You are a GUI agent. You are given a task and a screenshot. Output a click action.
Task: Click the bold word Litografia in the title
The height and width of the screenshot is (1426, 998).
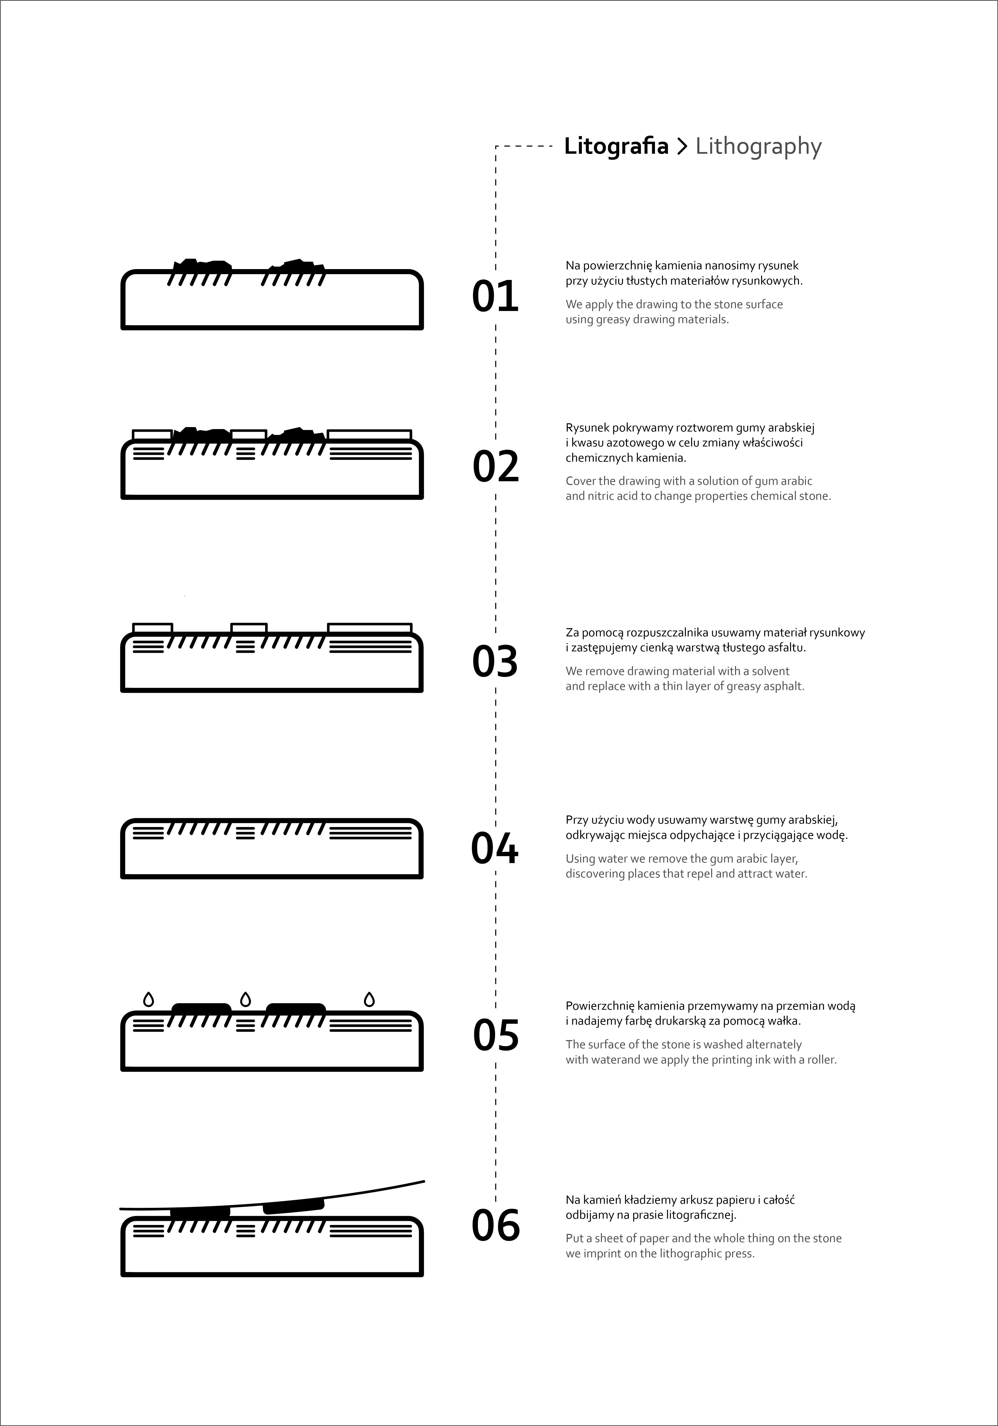coord(616,146)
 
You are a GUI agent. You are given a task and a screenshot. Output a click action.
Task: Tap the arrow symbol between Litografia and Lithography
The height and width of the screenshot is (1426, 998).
coord(682,146)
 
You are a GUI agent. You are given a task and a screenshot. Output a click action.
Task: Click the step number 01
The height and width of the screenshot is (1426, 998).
coord(495,296)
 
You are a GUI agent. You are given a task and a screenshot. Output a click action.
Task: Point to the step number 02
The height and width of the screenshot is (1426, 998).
coord(495,467)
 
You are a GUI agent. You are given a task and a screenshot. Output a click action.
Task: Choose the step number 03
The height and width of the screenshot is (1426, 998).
coord(495,661)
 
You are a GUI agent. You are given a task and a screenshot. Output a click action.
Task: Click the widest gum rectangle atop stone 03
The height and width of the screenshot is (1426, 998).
coord(370,628)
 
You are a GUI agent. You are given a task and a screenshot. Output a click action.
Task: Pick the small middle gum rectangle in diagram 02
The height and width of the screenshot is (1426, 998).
coord(248,435)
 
